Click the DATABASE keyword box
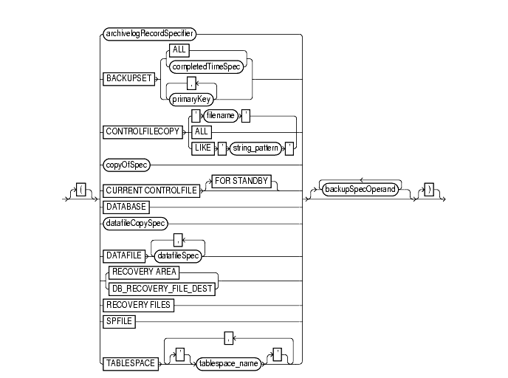pyautogui.click(x=126, y=206)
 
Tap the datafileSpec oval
pyautogui.click(x=177, y=255)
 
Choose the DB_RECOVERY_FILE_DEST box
pyautogui.click(x=160, y=287)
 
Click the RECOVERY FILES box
pyautogui.click(x=138, y=304)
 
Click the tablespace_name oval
pyautogui.click(x=228, y=364)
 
